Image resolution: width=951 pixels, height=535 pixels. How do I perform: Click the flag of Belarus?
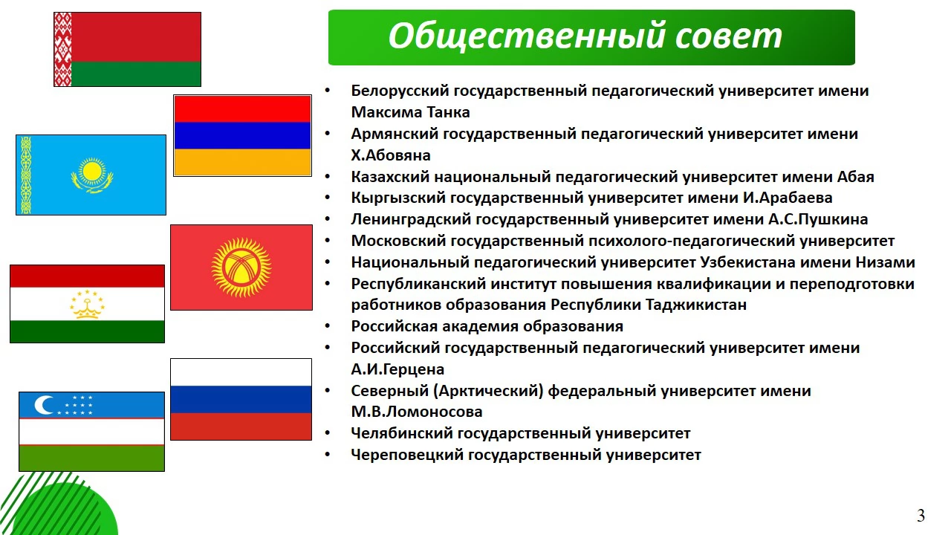(127, 49)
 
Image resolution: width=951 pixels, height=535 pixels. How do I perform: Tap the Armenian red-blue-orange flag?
(242, 135)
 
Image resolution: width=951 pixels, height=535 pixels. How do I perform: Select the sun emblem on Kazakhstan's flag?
(91, 175)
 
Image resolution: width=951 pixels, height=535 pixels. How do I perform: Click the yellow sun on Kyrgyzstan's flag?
(241, 267)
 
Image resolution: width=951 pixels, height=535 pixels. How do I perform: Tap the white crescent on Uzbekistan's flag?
(43, 405)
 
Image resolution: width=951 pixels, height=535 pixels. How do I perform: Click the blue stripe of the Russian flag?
(241, 399)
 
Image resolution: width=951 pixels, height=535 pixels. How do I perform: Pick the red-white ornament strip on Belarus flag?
(63, 49)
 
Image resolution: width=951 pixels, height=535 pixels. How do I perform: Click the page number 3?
(921, 516)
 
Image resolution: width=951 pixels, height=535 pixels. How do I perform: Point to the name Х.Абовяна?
(391, 155)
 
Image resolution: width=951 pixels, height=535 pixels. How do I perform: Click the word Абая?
(855, 177)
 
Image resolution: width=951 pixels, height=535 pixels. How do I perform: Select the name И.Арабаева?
(788, 198)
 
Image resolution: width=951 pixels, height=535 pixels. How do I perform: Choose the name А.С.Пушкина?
(818, 219)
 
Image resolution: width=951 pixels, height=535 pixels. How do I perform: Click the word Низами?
(885, 262)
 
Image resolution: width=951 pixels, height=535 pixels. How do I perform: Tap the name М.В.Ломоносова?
(417, 412)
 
